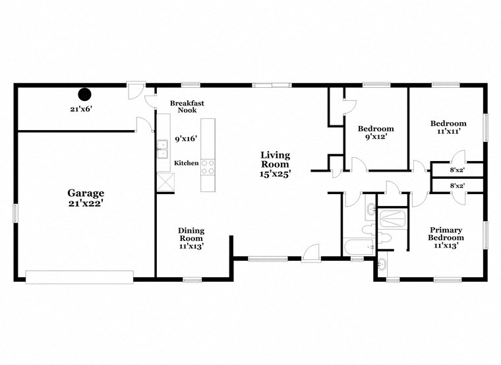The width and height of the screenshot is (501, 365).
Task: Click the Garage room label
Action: click(86, 193)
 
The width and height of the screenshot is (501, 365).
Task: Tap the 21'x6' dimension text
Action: click(81, 109)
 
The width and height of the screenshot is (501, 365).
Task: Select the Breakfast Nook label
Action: click(187, 108)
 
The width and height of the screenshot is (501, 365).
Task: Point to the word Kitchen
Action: click(186, 163)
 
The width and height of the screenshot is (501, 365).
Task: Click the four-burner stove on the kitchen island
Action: click(208, 166)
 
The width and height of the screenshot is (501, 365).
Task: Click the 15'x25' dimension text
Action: click(275, 174)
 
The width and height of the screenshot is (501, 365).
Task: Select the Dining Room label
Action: click(191, 234)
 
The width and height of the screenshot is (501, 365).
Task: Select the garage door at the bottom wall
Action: click(79, 276)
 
